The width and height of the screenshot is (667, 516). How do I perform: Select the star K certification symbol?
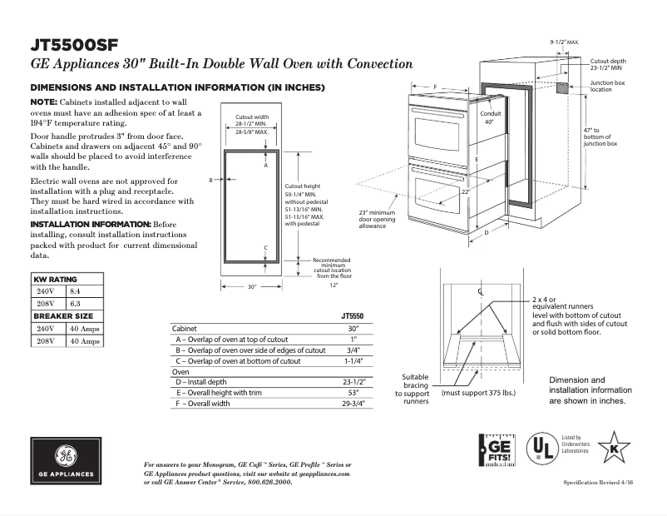click(x=614, y=447)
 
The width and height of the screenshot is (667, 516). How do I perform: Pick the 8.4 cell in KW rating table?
click(x=74, y=291)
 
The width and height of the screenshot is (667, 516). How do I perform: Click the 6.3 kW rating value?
click(x=74, y=304)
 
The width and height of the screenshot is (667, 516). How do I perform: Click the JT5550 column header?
click(x=353, y=316)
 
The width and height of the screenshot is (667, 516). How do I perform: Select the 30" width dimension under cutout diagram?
click(x=252, y=286)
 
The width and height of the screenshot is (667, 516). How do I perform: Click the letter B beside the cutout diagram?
click(x=211, y=180)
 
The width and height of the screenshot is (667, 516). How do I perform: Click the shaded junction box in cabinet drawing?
click(x=563, y=87)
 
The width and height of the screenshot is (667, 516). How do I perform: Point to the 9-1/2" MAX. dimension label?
click(x=565, y=41)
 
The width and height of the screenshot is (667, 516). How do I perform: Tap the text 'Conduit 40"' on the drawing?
click(x=490, y=117)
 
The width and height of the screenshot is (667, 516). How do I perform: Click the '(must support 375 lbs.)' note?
click(x=477, y=392)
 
